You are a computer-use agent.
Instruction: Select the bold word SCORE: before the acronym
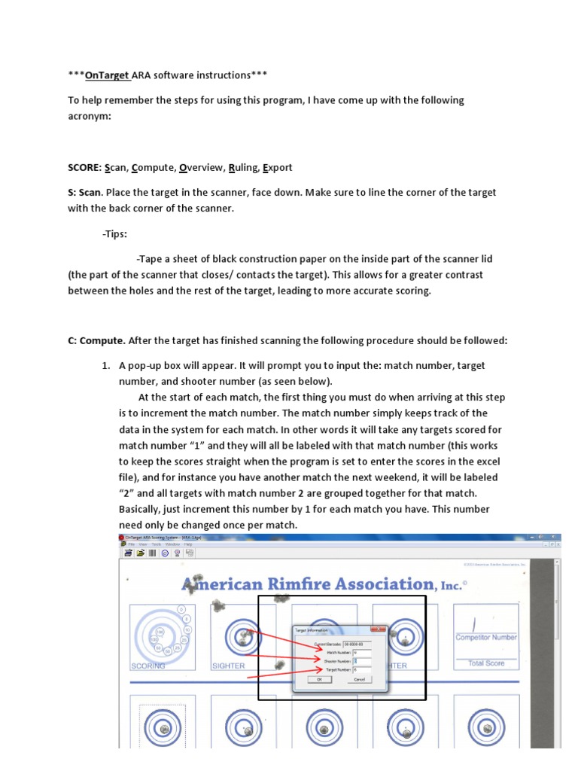86,167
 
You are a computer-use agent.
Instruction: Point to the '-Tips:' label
115,233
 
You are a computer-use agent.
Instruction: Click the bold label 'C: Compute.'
96,340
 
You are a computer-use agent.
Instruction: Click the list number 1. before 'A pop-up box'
107,365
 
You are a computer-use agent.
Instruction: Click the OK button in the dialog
319,678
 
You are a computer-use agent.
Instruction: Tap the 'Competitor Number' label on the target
486,637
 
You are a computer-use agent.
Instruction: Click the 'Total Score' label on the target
486,663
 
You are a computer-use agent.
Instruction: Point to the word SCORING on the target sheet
148,666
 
